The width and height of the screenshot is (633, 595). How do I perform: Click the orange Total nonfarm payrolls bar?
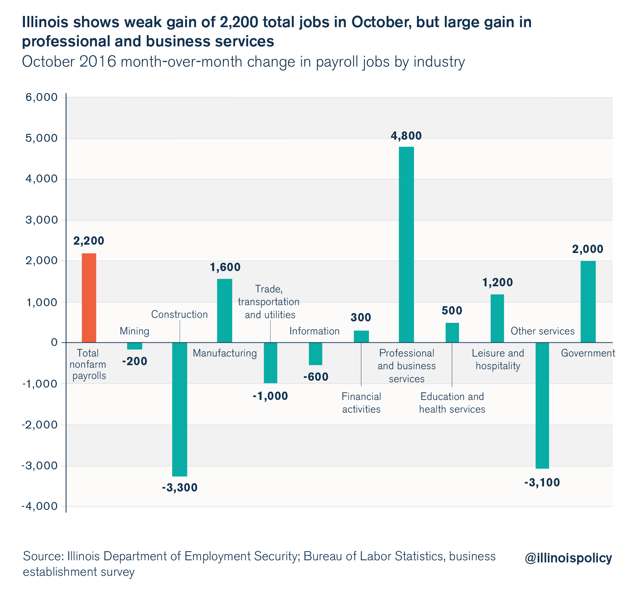[89, 298]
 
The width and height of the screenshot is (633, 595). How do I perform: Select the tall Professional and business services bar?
[406, 244]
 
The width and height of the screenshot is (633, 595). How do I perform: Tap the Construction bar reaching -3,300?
[180, 409]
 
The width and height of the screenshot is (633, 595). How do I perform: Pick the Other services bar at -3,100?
[542, 405]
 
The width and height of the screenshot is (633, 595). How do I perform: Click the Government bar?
[588, 301]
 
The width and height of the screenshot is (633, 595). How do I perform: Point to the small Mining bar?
[135, 346]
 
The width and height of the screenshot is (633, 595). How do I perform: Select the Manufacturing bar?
[225, 311]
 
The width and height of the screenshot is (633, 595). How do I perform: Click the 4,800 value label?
[406, 136]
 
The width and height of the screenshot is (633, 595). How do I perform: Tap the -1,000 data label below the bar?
[270, 396]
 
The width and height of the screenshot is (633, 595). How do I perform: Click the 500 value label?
[452, 311]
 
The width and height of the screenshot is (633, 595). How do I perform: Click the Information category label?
[314, 331]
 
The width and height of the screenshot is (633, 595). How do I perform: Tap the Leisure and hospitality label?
[498, 359]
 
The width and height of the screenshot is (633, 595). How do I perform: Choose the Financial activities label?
[361, 403]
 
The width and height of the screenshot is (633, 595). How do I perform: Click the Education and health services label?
[452, 403]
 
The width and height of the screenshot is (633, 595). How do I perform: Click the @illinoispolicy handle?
[568, 558]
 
